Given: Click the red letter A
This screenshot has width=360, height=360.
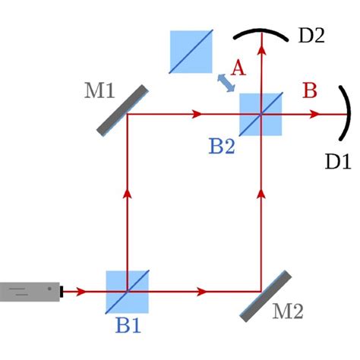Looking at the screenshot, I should point(238,68).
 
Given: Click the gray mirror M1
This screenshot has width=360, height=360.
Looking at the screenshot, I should point(122,110).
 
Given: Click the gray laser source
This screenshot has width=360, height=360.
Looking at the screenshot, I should point(29,291).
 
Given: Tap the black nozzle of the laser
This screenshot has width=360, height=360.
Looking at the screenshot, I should point(65,291).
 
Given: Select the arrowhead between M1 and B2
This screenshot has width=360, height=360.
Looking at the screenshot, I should point(199,115).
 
